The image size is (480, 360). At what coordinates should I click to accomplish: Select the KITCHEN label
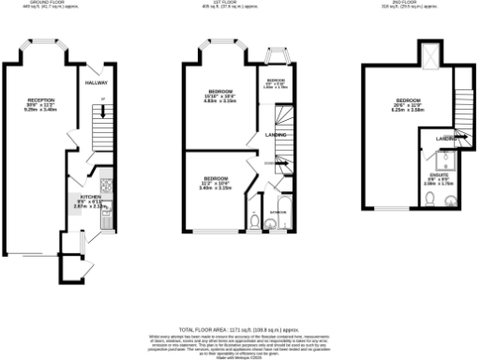(x=90, y=197)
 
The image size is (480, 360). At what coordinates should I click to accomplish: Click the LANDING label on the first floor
(x=277, y=136)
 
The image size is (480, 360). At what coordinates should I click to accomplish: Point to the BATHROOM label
(x=278, y=213)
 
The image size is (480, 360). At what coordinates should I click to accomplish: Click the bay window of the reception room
(x=44, y=42)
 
